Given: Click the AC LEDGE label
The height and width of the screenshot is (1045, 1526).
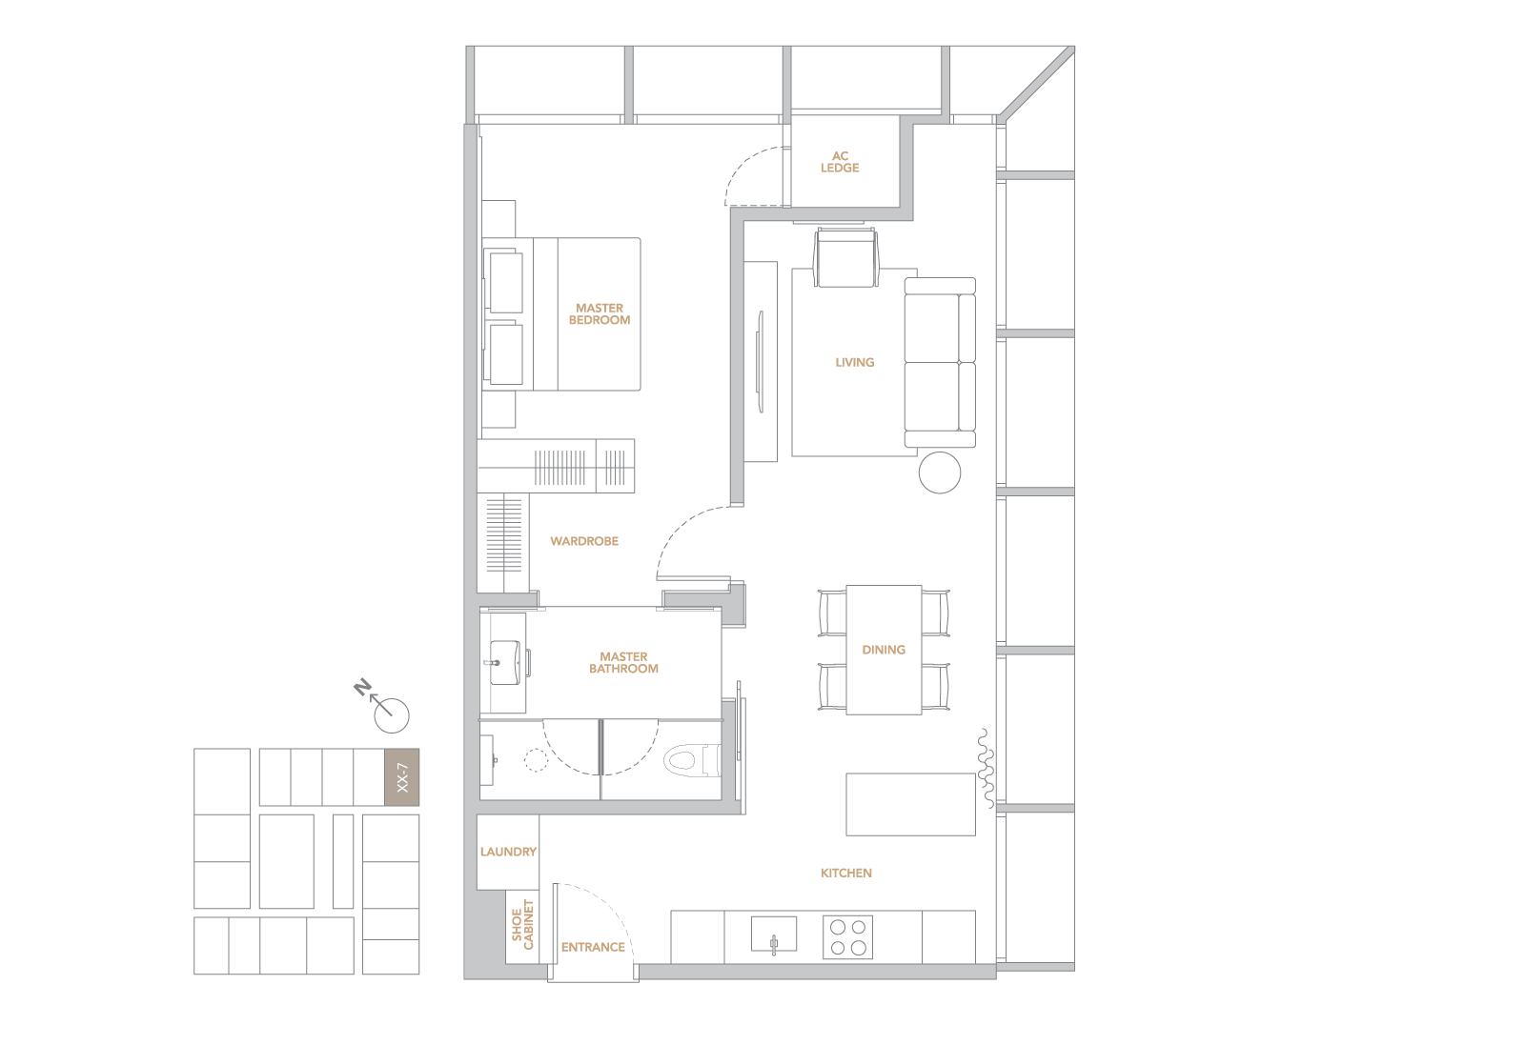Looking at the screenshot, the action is tap(840, 162).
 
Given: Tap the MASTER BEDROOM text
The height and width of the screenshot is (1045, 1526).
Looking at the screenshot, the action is tap(600, 313).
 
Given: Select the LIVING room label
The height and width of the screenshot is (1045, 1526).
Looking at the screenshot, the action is tap(854, 362).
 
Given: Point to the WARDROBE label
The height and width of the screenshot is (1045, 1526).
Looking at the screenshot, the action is tap(584, 541).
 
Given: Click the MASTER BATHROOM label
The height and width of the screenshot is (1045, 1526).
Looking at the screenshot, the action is tap(623, 662).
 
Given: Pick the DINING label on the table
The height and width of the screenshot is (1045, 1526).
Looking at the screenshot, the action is tap(884, 650).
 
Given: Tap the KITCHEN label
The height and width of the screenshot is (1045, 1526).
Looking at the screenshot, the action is tap(846, 873).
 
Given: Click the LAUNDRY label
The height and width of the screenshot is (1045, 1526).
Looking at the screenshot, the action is tap(508, 852).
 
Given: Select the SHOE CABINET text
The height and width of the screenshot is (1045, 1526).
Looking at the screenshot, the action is tap(522, 925).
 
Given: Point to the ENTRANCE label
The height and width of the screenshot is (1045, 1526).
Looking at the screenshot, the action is tap(593, 947).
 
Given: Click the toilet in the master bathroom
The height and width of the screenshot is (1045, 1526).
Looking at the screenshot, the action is tap(692, 760).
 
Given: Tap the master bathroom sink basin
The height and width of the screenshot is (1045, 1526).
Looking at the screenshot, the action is tap(505, 662).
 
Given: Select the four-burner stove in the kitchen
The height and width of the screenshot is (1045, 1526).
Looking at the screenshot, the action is tap(848, 937).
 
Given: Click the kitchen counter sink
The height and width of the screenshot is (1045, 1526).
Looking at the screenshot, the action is tap(774, 934).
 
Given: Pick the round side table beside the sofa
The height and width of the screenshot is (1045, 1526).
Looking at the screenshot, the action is tap(940, 472).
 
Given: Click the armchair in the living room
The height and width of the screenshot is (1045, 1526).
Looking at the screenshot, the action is tap(845, 257).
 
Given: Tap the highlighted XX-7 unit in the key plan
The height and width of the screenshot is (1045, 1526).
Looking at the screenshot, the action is tap(402, 776).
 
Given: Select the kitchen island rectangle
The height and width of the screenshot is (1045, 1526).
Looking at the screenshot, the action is tap(911, 804).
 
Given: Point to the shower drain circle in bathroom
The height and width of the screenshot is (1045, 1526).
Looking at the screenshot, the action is tap(536, 760).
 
